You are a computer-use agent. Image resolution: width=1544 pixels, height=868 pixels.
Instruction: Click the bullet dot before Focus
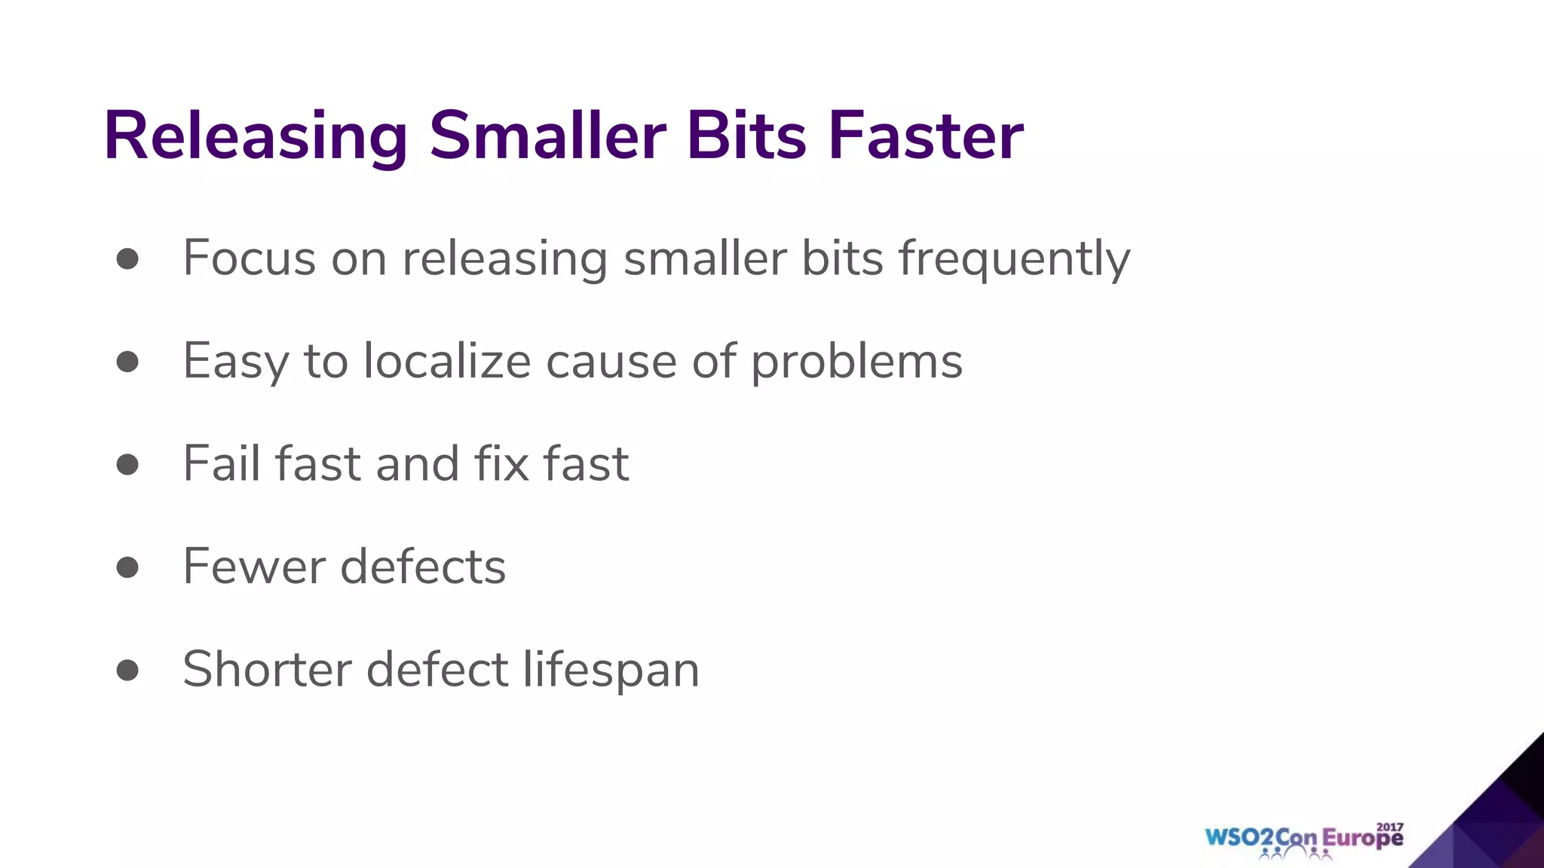click(128, 258)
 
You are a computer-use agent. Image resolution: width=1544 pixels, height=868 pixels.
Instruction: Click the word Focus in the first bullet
click(250, 258)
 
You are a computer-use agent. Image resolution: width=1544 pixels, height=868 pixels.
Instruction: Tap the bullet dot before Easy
click(128, 362)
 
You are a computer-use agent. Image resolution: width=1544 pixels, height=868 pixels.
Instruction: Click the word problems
click(856, 362)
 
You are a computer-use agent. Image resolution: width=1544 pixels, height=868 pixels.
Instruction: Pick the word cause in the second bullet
click(611, 362)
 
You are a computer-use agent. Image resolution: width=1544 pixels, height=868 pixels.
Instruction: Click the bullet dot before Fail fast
click(128, 464)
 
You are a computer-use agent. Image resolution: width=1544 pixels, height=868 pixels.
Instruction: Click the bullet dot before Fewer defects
click(128, 567)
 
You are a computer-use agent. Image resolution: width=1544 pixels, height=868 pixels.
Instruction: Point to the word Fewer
click(254, 567)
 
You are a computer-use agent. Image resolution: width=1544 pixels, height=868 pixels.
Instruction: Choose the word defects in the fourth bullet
click(423, 567)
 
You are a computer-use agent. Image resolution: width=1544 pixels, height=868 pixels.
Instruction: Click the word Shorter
click(267, 669)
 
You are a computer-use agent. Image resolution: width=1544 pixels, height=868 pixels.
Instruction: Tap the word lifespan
click(611, 669)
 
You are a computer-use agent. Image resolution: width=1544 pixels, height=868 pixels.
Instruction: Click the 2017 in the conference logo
click(1389, 827)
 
